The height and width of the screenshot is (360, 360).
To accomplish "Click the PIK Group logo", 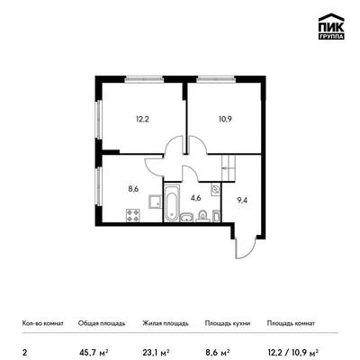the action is pyautogui.click(x=331, y=27).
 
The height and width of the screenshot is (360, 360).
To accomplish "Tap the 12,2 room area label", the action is pyautogui.click(x=142, y=120).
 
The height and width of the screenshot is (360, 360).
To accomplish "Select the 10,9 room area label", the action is pyautogui.click(x=225, y=120).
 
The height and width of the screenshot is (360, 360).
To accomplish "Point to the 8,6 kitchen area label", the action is pyautogui.click(x=133, y=189).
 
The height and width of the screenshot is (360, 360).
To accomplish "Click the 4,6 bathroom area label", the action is pyautogui.click(x=195, y=198).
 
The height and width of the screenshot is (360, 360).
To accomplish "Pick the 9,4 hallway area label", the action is pyautogui.click(x=242, y=201).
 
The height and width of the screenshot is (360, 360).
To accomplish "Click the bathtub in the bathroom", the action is pyautogui.click(x=172, y=203).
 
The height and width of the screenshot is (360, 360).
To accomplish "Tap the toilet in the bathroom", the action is pyautogui.click(x=202, y=215).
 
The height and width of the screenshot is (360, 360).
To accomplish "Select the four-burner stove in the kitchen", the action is pyautogui.click(x=133, y=215).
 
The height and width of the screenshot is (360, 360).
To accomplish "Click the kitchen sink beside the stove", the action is pyautogui.click(x=155, y=202).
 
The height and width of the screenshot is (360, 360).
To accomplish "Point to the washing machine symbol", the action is pyautogui.click(x=216, y=189).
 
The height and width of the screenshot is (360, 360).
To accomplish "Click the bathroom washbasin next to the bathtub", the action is pyautogui.click(x=187, y=217).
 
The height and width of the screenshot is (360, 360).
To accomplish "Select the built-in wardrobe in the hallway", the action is pyautogui.click(x=229, y=168).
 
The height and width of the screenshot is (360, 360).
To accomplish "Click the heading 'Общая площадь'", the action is pyautogui.click(x=102, y=323).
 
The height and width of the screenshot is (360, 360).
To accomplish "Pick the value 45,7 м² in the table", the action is pyautogui.click(x=94, y=351).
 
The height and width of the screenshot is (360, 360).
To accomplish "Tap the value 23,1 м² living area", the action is pyautogui.click(x=157, y=351).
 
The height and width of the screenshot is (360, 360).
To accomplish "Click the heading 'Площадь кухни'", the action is pyautogui.click(x=228, y=323).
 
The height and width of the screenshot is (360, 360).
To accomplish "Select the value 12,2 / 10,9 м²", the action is pyautogui.click(x=292, y=351).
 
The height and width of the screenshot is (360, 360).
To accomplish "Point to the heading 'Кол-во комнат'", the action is pyautogui.click(x=43, y=323).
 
